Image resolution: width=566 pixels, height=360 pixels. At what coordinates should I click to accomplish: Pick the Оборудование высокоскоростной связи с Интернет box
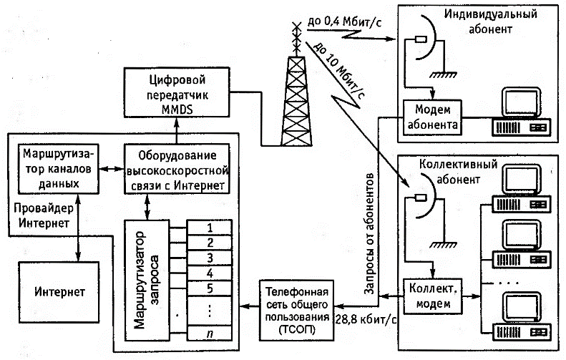[176, 168]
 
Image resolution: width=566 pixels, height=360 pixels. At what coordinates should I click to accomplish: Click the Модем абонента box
[431, 117]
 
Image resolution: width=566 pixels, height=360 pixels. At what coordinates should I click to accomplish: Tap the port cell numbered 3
[210, 257]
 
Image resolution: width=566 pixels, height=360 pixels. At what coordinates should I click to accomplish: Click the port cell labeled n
[210, 333]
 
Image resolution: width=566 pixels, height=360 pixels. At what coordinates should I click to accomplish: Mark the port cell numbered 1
[210, 226]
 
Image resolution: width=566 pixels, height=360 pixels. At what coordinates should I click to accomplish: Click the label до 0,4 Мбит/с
[344, 22]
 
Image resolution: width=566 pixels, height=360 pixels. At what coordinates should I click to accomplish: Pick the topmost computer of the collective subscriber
[522, 188]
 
